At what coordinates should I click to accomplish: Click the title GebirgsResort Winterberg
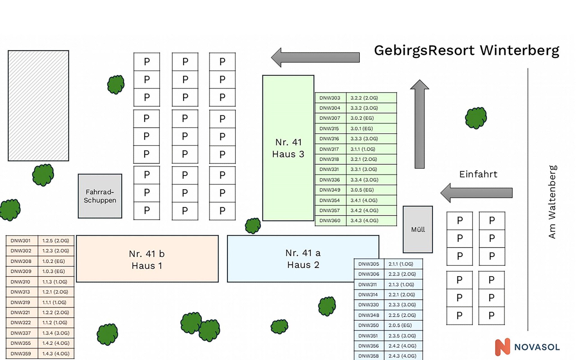pos(466,50)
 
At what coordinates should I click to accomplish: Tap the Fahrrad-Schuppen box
pos(100,196)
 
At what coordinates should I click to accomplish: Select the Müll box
pos(418,229)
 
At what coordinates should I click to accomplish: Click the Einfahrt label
pos(478,174)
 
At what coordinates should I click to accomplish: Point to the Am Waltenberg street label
pos(552,202)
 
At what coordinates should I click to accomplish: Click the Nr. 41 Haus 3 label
pos(288,148)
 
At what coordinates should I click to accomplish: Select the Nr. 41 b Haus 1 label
pos(147,259)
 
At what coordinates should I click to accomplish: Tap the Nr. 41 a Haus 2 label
pos(303,259)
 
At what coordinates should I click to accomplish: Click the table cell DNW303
pos(330,98)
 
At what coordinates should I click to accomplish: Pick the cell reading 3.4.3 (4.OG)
pos(364,220)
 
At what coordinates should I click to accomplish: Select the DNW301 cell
pos(20,241)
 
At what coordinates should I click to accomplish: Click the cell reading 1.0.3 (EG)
pos(53,271)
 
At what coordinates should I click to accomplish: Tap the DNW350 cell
pos(368,325)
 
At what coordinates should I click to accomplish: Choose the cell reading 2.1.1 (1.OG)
pos(401,264)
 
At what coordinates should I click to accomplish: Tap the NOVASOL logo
pos(527,347)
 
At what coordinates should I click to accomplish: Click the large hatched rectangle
pos(38,106)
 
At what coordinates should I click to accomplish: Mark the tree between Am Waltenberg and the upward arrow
pos(476,118)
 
